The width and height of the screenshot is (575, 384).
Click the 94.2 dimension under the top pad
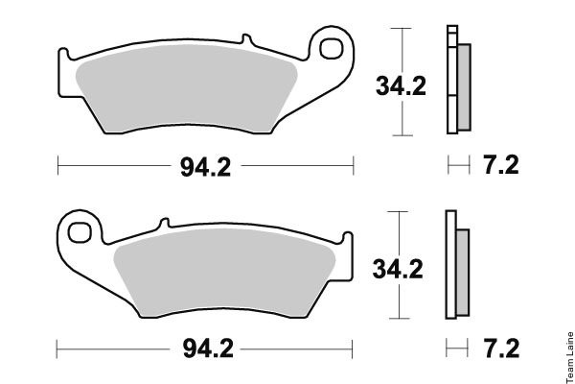(x=205, y=167)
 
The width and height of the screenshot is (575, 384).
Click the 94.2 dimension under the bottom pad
(x=208, y=348)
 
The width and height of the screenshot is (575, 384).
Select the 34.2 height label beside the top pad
(x=401, y=86)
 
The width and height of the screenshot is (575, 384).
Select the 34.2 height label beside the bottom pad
(x=398, y=269)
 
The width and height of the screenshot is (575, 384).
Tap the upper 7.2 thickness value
(x=501, y=165)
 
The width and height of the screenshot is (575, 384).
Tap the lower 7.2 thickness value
(x=501, y=348)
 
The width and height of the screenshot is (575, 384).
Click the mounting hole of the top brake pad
(x=332, y=49)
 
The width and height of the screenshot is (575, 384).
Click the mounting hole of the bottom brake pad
(x=80, y=232)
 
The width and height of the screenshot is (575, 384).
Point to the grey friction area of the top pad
(x=187, y=88)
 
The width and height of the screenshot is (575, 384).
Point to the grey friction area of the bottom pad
(x=224, y=273)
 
